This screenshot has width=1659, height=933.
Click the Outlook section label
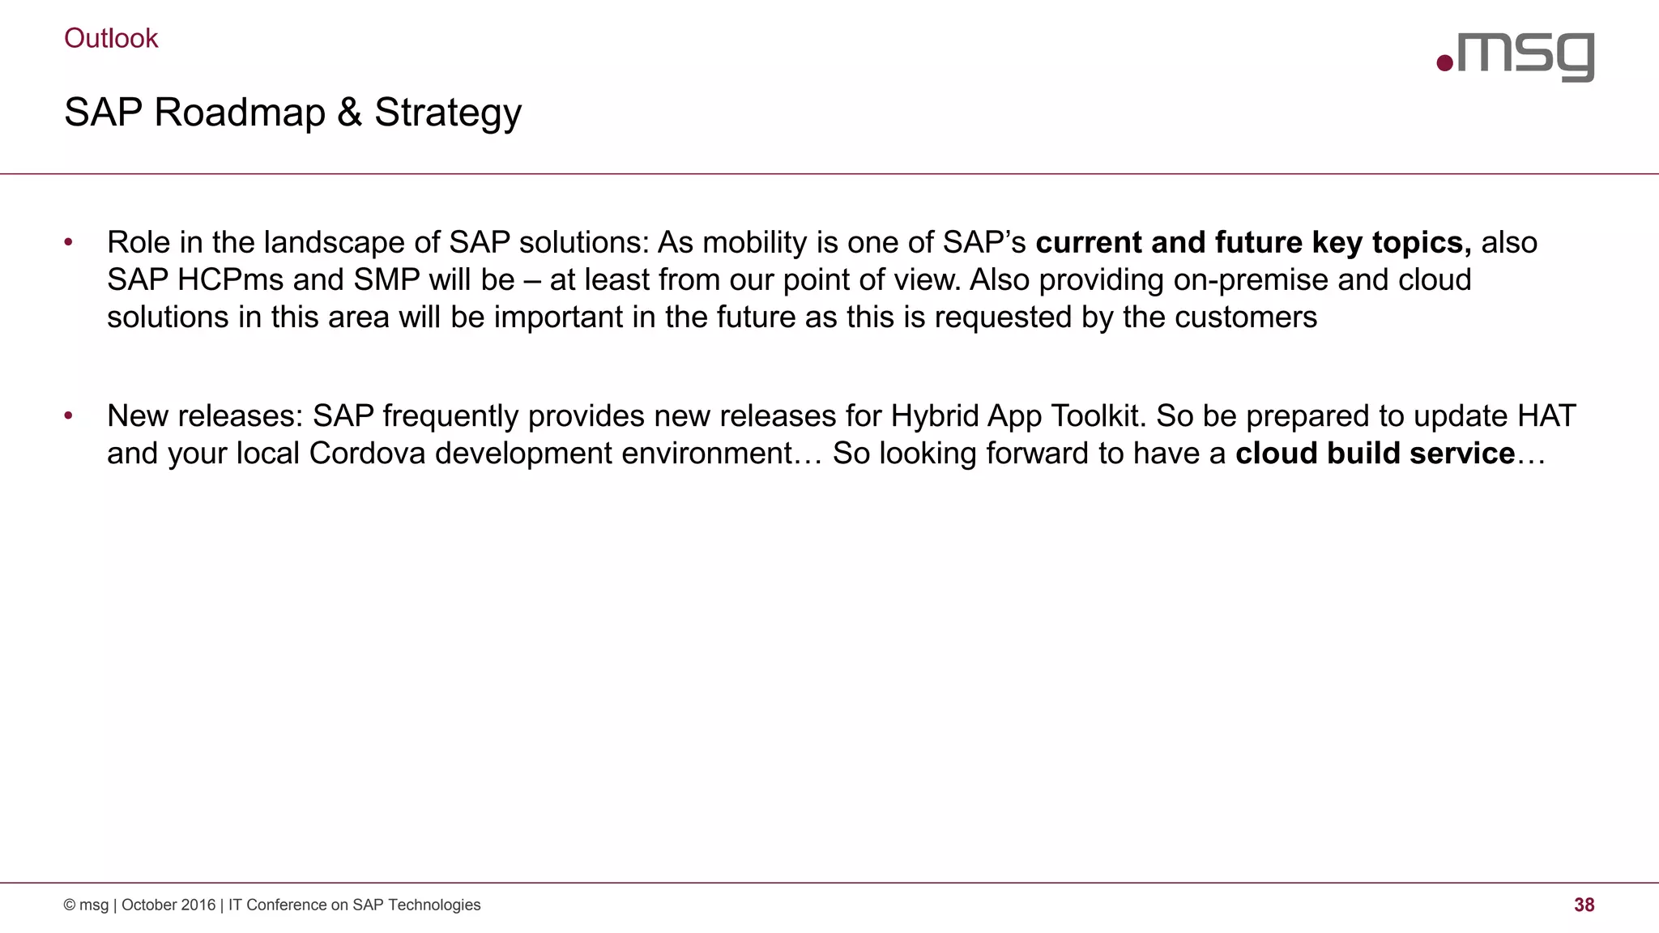pyautogui.click(x=111, y=38)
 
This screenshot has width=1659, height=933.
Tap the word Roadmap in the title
pyautogui.click(x=240, y=112)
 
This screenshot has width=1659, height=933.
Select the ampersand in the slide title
pyautogui.click(x=349, y=112)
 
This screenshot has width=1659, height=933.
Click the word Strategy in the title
pyautogui.click(x=448, y=113)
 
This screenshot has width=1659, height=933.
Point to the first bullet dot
pyautogui.click(x=69, y=242)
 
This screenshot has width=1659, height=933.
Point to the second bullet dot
pyautogui.click(x=69, y=415)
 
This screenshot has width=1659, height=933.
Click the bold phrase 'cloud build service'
pyautogui.click(x=1375, y=453)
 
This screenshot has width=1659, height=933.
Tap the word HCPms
pyautogui.click(x=230, y=279)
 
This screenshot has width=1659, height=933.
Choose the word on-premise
pyautogui.click(x=1251, y=279)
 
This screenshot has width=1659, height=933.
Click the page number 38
pyautogui.click(x=1584, y=905)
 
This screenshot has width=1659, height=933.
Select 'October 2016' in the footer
pyautogui.click(x=168, y=905)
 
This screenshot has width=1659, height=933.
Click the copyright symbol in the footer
pyautogui.click(x=70, y=905)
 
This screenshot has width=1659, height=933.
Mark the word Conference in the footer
pyautogui.click(x=285, y=905)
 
